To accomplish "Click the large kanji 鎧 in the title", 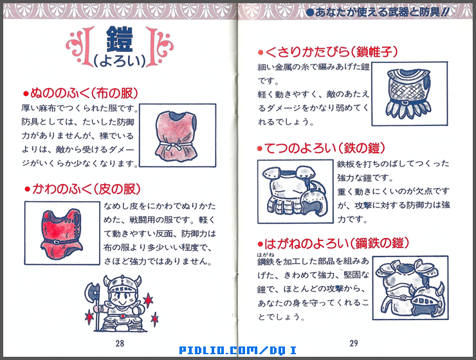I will click(117, 40).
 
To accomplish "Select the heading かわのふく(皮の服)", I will click(82, 189).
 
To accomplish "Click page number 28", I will click(120, 342).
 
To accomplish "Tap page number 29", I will click(354, 342).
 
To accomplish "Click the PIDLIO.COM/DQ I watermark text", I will click(238, 350).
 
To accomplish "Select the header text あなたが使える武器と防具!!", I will click(390, 11).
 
